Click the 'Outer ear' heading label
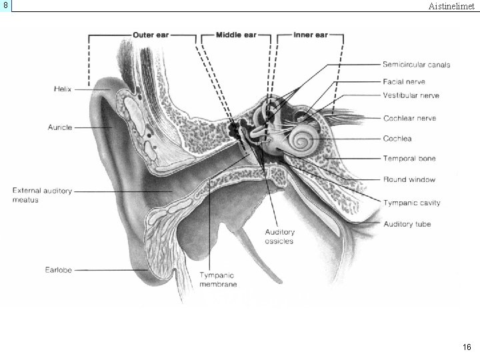150,35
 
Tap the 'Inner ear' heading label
311,35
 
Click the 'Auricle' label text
60,127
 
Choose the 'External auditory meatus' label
42,195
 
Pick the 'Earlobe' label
59,270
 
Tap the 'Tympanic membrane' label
218,279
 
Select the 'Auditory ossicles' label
279,237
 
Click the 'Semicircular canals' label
416,65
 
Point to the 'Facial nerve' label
404,81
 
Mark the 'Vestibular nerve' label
411,96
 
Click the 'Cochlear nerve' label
409,119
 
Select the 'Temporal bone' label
409,159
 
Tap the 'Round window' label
409,179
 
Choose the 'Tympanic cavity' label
411,203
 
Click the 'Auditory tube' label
407,224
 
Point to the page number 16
467,347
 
